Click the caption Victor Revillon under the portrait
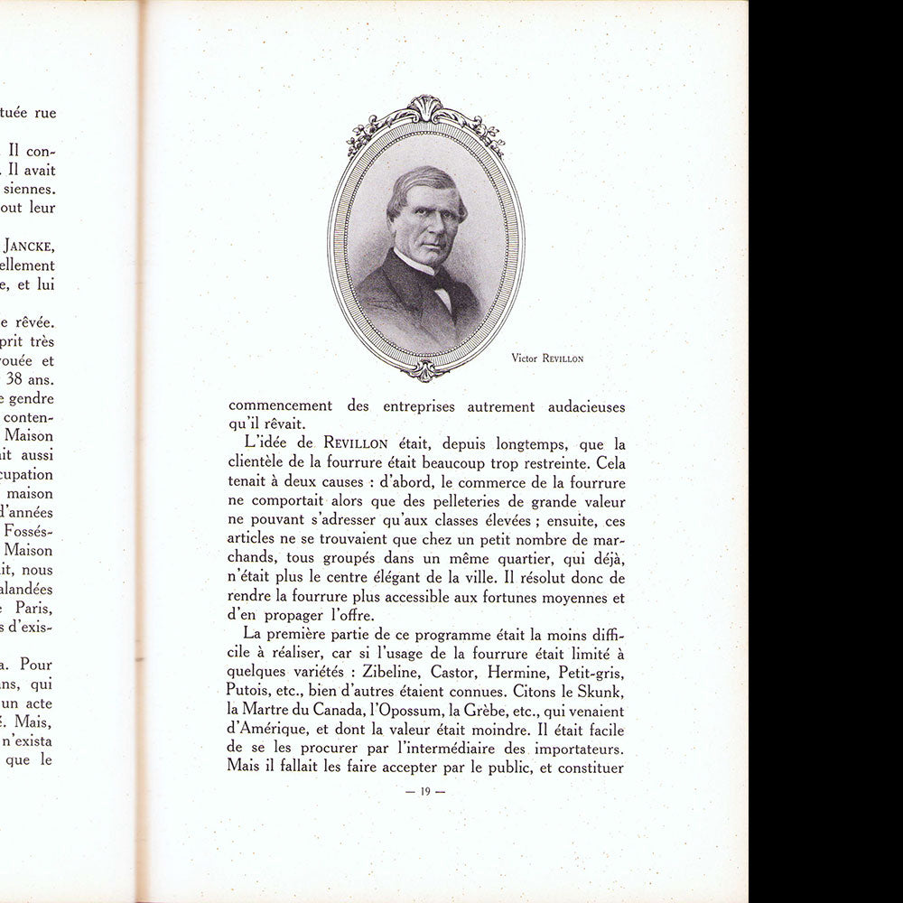pyautogui.click(x=547, y=358)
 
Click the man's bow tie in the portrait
pyautogui.click(x=441, y=276)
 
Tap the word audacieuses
pyautogui.click(x=586, y=406)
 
